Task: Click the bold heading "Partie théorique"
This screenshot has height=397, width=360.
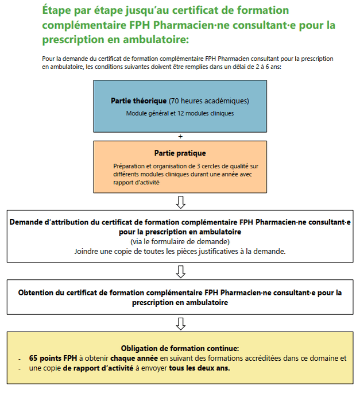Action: click(x=139, y=101)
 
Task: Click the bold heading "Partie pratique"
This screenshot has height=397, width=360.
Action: click(x=180, y=153)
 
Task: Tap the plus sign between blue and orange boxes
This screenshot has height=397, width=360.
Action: click(x=180, y=136)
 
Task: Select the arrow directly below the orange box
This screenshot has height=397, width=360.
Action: click(x=180, y=202)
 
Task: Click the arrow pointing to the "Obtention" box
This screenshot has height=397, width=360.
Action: click(x=180, y=271)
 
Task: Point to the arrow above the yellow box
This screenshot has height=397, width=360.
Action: click(x=180, y=323)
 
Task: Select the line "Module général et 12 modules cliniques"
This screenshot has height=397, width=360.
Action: click(x=180, y=113)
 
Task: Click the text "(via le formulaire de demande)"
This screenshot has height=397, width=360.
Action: click(x=180, y=241)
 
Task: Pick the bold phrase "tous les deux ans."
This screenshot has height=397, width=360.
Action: click(x=199, y=368)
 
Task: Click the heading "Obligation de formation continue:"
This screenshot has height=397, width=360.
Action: click(x=180, y=348)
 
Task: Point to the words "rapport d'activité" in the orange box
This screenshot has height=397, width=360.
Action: click(x=137, y=183)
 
